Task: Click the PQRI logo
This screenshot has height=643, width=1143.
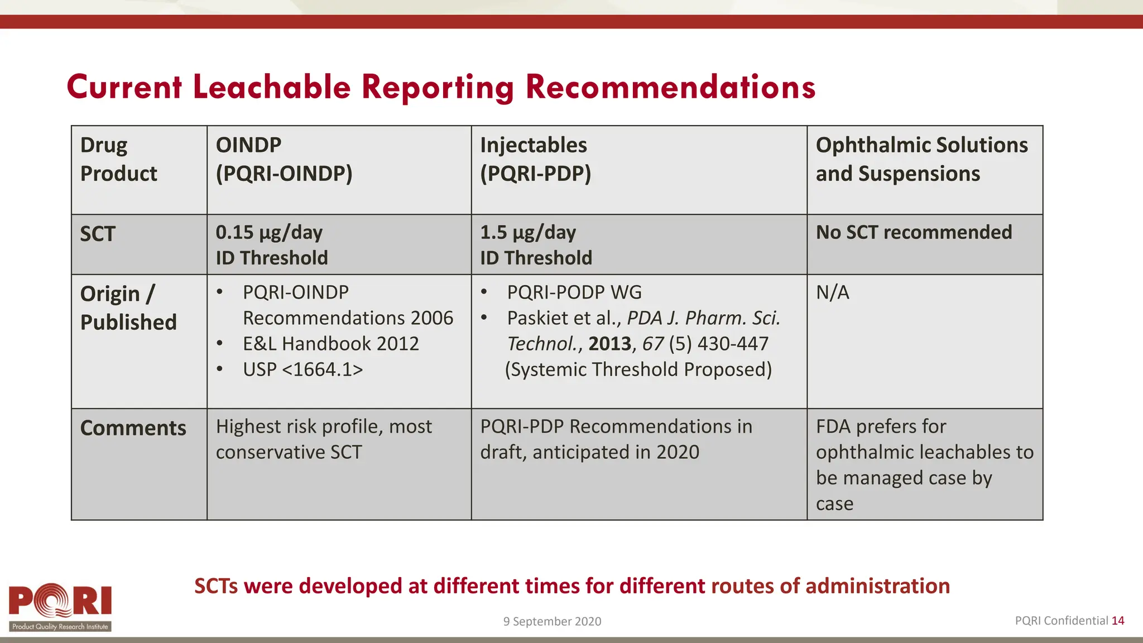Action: click(x=60, y=607)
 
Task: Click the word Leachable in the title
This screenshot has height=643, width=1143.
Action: click(x=272, y=88)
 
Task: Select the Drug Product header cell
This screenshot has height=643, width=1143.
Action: click(x=118, y=159)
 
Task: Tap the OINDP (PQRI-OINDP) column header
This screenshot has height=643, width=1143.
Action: click(x=284, y=159)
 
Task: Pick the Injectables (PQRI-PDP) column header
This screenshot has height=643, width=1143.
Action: click(x=535, y=159)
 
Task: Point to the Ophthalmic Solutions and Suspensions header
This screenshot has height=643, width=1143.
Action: click(x=921, y=159)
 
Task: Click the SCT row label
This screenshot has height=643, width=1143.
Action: click(x=98, y=234)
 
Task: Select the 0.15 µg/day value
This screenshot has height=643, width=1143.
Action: click(x=269, y=232)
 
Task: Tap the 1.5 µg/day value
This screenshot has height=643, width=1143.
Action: click(x=528, y=232)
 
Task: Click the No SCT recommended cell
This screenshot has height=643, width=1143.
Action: click(x=914, y=232)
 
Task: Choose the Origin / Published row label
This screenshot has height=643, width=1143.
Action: click(x=128, y=308)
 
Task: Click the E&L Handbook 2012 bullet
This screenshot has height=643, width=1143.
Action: click(x=330, y=344)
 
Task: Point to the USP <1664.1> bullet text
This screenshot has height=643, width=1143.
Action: click(x=302, y=370)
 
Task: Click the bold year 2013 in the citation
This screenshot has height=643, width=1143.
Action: click(x=609, y=344)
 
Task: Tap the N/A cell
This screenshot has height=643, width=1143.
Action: click(x=832, y=292)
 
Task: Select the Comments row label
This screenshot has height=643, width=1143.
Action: click(x=133, y=428)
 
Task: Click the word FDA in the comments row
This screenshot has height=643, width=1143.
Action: click(x=833, y=426)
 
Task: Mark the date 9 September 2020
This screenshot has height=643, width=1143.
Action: click(x=552, y=621)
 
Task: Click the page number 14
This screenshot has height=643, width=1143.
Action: click(x=1118, y=621)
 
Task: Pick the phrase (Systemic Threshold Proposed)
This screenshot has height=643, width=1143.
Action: click(x=638, y=370)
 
